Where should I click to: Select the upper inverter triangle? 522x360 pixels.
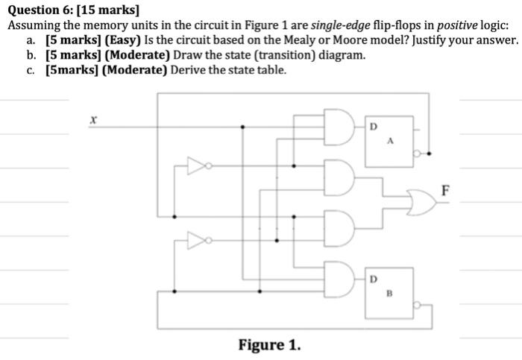coord(197,166)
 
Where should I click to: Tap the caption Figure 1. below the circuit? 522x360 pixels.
coord(270,345)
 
